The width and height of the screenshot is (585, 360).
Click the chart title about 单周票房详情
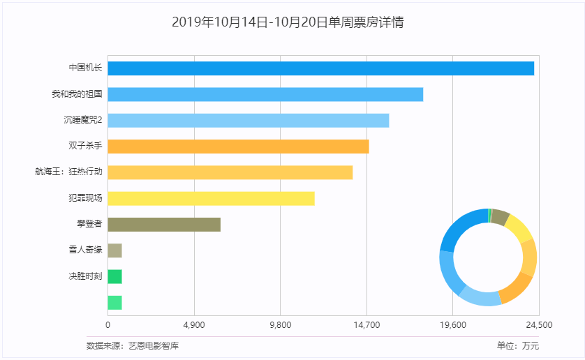coord(287,22)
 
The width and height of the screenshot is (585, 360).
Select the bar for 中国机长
coord(320,68)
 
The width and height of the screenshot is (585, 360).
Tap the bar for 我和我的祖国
coord(265,94)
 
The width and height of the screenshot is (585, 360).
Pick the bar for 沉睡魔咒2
coord(248,120)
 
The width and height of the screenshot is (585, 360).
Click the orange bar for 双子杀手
coord(238,147)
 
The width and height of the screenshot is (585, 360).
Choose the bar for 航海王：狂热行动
coord(230,172)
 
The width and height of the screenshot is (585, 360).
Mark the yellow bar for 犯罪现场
coord(211,199)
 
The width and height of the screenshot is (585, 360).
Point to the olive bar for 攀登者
coord(164,225)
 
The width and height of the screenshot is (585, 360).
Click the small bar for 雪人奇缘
coord(114,250)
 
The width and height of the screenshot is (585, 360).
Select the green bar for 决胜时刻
coord(114,277)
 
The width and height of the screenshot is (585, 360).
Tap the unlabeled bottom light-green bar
coord(114,303)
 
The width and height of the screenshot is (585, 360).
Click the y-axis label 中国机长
coord(85,68)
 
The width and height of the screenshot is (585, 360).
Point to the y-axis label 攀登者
coord(89,225)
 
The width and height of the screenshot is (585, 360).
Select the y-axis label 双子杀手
coord(85,147)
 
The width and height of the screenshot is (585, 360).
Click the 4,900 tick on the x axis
coord(193,325)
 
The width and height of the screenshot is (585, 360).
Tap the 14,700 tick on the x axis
coord(366,325)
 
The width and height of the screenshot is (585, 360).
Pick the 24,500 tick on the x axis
coord(539,325)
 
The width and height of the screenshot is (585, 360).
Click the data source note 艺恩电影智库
coord(133,345)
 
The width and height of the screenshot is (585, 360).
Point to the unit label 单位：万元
coord(517,345)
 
